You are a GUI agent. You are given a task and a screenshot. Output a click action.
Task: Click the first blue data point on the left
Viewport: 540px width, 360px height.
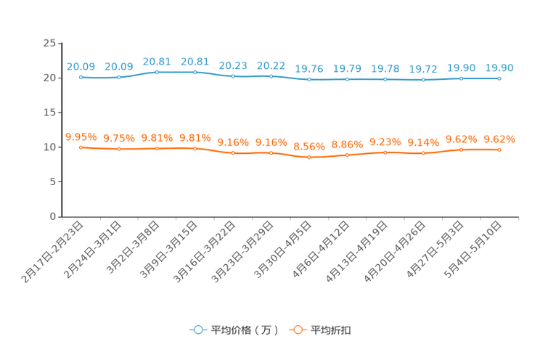pos(81,76)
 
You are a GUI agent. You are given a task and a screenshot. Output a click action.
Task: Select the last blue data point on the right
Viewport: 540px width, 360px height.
pos(499,77)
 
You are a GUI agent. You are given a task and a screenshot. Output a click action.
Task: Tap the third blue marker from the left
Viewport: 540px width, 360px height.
pos(157,72)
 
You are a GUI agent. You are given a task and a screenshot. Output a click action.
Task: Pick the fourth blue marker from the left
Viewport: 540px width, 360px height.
pos(195,72)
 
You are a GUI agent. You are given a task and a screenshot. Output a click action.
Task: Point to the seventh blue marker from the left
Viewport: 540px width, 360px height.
pos(309,78)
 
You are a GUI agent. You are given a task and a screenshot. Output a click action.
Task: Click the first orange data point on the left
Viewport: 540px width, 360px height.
pos(81,147)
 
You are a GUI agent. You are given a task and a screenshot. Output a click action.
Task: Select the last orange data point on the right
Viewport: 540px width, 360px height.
pos(499,150)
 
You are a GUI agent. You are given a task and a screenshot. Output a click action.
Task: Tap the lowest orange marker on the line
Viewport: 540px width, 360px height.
pos(309,157)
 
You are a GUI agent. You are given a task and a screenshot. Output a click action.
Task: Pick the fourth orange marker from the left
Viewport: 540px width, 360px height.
pos(195,148)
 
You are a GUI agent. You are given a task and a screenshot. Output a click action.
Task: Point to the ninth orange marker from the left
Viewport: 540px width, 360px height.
pos(385,152)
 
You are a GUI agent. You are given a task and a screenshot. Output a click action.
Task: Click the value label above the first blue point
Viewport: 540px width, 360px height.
pos(81,66)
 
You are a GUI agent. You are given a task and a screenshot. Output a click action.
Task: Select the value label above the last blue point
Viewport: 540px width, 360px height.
pos(499,67)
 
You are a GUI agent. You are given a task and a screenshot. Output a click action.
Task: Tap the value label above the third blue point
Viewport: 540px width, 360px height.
pos(157,61)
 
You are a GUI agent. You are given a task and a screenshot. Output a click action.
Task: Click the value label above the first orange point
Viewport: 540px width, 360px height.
pos(81,136)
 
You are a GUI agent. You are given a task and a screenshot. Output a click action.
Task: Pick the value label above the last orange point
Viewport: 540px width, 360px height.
pos(499,139)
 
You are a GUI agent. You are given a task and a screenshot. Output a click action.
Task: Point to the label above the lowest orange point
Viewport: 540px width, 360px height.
pos(309,146)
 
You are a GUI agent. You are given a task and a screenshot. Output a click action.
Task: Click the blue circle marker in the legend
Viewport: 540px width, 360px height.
pos(197,330)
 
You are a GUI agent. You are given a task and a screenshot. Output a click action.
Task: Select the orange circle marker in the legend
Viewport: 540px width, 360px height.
pos(298,330)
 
